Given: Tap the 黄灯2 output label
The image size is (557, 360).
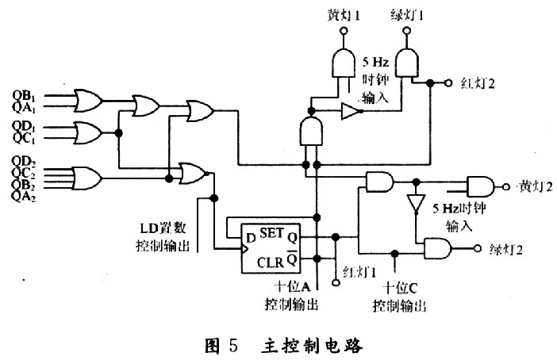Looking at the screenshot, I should (535, 187).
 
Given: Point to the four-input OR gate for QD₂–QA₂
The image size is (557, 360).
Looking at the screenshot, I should (86, 175).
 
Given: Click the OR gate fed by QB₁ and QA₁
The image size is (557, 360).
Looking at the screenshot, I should (86, 100).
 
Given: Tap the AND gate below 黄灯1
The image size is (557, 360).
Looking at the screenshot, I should (342, 62).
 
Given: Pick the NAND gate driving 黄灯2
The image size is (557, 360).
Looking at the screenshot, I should (481, 187).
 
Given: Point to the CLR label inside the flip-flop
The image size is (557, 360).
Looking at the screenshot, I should (272, 261).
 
